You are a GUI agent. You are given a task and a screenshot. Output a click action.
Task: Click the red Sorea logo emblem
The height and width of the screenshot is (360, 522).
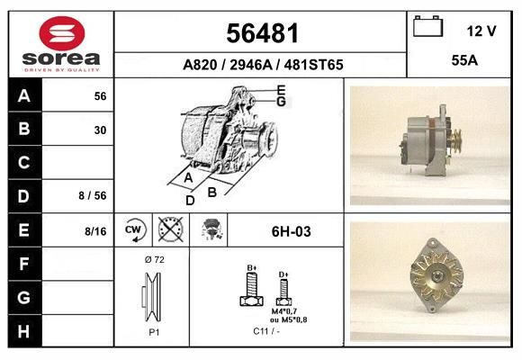(x=62, y=33)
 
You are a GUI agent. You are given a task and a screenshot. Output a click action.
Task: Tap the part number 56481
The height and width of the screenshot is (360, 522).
(x=262, y=33)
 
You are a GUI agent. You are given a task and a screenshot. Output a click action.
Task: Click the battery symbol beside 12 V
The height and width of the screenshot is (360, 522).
(x=427, y=26)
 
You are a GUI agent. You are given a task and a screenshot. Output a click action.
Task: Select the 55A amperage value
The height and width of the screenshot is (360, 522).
(x=464, y=60)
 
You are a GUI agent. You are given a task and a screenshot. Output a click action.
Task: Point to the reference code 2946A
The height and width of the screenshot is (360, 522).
(x=251, y=65)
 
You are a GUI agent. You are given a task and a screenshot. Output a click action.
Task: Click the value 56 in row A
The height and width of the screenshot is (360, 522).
(x=100, y=96)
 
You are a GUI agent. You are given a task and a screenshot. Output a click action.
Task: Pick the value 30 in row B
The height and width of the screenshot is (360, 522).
(x=100, y=130)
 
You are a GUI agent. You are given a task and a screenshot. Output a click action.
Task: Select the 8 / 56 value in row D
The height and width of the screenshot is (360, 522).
(x=93, y=195)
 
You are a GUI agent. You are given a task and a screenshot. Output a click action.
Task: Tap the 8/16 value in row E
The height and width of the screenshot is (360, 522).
(x=95, y=231)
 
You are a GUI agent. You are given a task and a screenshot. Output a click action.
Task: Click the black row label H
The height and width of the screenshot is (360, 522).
(x=24, y=331)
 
